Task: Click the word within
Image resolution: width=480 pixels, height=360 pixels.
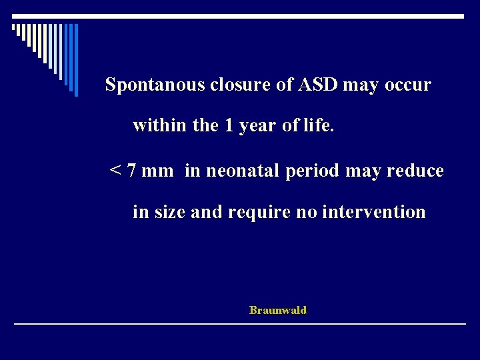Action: pos(160,125)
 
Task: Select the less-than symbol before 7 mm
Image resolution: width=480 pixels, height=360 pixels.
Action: pos(115,171)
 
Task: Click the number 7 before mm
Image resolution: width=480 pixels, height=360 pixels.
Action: pos(132,171)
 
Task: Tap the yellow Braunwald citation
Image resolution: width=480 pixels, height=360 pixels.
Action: pos(278,310)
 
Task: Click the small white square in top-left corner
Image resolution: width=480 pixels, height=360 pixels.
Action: pos(14,27)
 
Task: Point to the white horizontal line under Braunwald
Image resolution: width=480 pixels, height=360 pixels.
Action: pos(240,323)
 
